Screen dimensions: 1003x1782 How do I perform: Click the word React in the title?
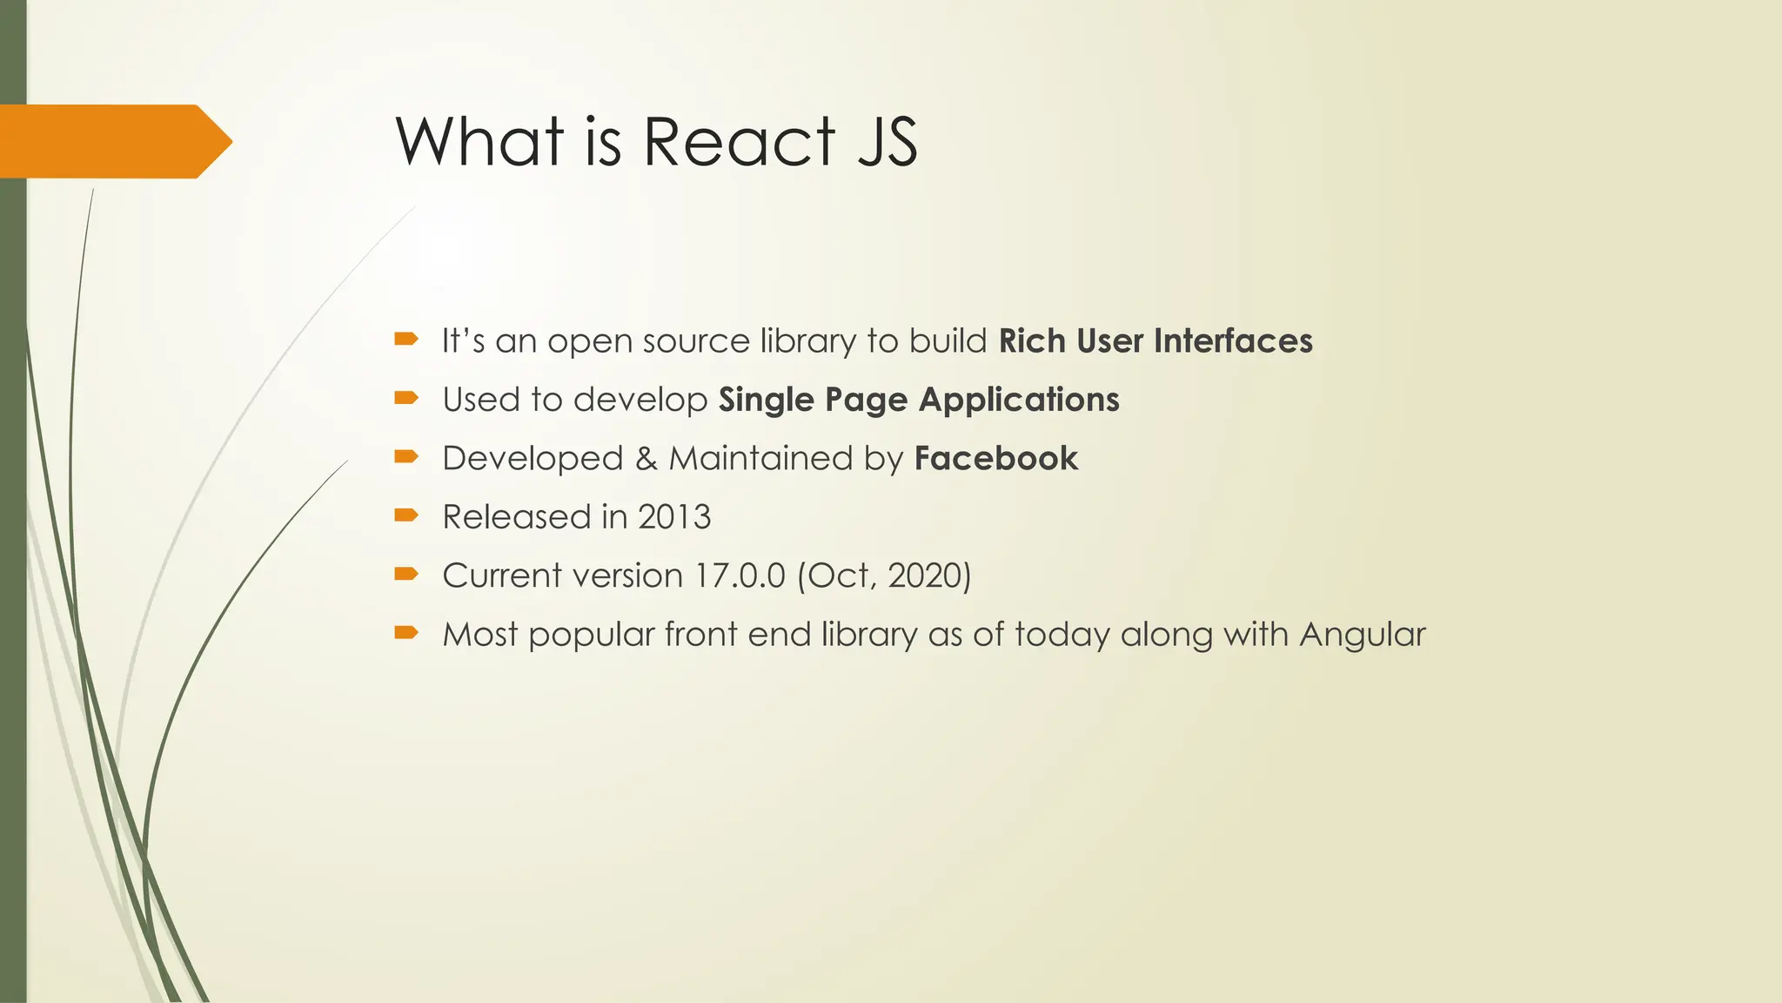pos(739,141)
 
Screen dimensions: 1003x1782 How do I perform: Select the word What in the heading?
pos(480,141)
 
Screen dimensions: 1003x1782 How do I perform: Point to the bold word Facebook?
pos(996,459)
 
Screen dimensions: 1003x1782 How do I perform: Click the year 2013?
pos(674,517)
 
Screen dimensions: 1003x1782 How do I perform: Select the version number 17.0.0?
pos(740,576)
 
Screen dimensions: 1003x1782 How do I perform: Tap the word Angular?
pos(1363,634)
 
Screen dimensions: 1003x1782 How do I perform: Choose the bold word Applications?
pos(1019,401)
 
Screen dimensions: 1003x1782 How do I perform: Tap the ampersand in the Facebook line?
pos(646,459)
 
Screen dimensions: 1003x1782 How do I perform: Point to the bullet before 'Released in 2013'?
pos(406,515)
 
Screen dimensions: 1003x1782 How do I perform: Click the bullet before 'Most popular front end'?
pos(406,632)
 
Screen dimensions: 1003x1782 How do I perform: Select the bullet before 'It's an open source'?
pos(406,339)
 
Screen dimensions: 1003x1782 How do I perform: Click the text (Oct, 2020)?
pos(884,576)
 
